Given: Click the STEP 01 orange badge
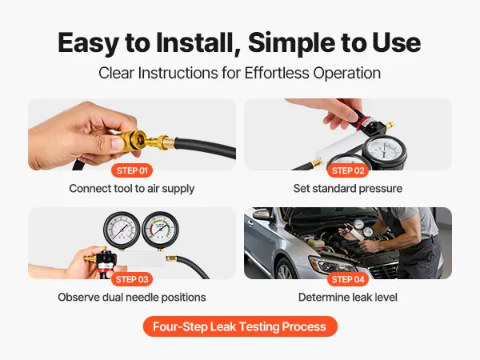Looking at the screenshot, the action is click(132, 170).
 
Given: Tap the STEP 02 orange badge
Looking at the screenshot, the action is click(348, 170).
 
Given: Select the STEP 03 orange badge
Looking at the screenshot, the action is click(132, 279).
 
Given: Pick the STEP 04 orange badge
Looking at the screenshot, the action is click(348, 279).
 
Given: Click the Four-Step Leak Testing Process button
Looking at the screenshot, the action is click(240, 326).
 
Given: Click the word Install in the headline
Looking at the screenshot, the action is click(194, 42).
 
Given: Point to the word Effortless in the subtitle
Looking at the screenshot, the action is click(277, 73).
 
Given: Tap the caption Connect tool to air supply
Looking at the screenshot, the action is click(132, 189).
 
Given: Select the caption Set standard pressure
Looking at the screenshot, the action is click(348, 189).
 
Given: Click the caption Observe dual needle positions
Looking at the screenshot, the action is click(132, 298).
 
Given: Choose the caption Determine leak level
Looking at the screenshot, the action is click(348, 298).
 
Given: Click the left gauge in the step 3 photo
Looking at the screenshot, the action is click(122, 230).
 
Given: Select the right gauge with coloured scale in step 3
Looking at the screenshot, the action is click(160, 230).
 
